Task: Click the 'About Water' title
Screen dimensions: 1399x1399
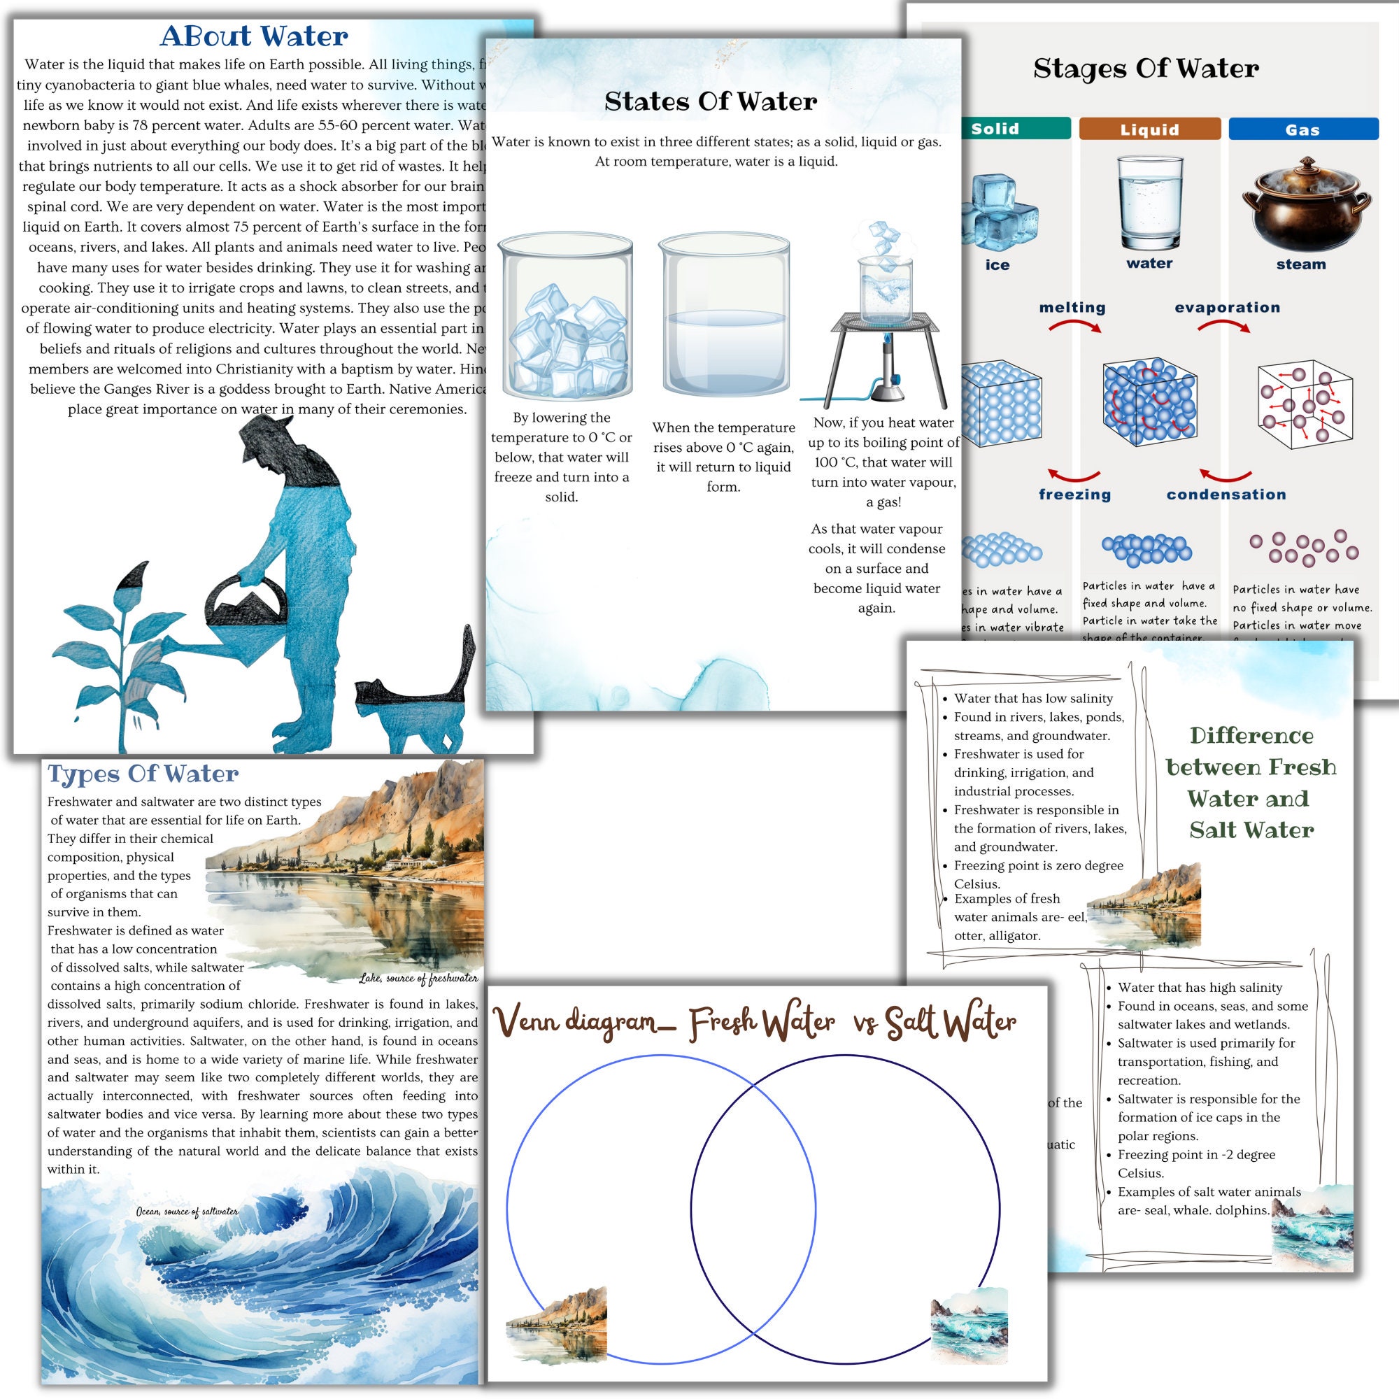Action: pyautogui.click(x=253, y=36)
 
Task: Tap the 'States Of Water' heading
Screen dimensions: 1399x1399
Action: pyautogui.click(x=711, y=101)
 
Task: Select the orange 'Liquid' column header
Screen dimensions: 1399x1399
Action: pyautogui.click(x=1149, y=129)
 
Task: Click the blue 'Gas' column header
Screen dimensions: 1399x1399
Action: pyautogui.click(x=1302, y=129)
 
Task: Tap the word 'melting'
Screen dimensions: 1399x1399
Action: pyautogui.click(x=1072, y=307)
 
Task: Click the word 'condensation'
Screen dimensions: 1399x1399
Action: pyautogui.click(x=1226, y=494)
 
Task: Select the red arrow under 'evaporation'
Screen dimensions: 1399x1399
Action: pyautogui.click(x=1223, y=327)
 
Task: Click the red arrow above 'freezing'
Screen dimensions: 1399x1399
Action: pyautogui.click(x=1074, y=475)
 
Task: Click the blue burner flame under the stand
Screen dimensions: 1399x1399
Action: pyautogui.click(x=886, y=340)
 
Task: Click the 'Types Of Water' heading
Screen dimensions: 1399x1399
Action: pyautogui.click(x=143, y=774)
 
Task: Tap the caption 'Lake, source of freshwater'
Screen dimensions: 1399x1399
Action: pyautogui.click(x=418, y=979)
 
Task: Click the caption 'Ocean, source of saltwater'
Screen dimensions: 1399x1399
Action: pyautogui.click(x=187, y=1212)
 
